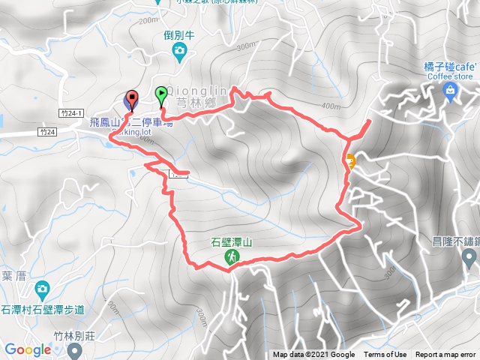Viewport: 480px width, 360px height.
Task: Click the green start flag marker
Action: [161, 95]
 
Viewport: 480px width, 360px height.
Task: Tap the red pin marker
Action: [132, 98]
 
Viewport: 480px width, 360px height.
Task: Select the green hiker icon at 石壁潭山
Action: [232, 257]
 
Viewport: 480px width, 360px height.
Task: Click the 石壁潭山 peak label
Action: [232, 243]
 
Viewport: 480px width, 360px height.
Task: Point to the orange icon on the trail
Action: [350, 160]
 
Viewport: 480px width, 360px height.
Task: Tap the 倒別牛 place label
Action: [179, 34]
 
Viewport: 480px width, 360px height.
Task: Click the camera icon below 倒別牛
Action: [179, 51]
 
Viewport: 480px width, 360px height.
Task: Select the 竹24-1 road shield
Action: [68, 112]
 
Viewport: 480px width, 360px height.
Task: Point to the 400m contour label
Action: [330, 106]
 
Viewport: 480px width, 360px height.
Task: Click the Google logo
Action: [28, 349]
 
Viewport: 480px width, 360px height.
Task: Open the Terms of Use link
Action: [385, 355]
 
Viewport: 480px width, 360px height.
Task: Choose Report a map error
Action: [446, 355]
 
